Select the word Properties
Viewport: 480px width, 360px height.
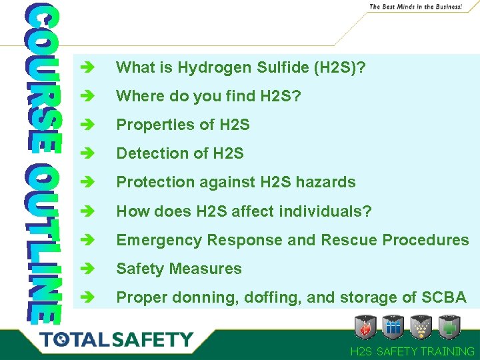point(149,125)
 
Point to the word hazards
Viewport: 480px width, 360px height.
point(325,182)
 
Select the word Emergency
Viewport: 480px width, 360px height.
point(159,240)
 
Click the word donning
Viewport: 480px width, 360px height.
point(199,297)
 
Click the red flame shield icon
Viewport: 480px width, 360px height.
point(366,327)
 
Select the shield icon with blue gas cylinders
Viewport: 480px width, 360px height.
point(394,327)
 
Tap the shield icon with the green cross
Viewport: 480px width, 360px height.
point(451,327)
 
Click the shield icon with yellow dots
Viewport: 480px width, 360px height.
point(423,327)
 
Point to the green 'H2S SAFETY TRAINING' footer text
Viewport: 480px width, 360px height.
point(412,351)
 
